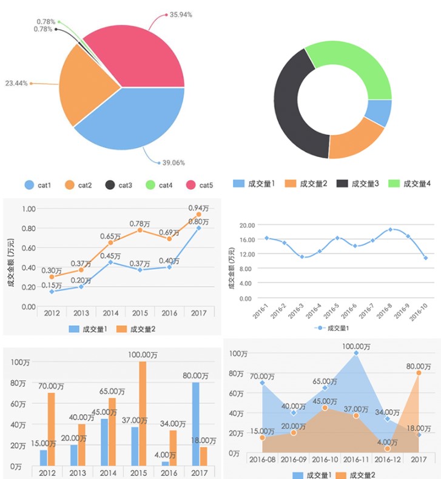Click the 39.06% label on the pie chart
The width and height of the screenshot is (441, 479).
pyautogui.click(x=173, y=162)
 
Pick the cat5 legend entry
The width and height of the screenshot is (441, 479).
pyautogui.click(x=200, y=184)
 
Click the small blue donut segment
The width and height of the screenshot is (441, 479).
pyautogui.click(x=379, y=113)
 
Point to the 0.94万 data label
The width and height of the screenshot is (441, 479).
pyautogui.click(x=198, y=208)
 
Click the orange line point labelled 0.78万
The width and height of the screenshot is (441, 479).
pyautogui.click(x=140, y=230)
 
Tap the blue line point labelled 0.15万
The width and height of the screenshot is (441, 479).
pyautogui.click(x=52, y=292)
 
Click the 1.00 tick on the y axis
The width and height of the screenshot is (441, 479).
pyautogui.click(x=29, y=209)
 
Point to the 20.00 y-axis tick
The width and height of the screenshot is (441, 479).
pyautogui.click(x=246, y=225)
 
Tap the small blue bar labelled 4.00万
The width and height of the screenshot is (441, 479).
pyautogui.click(x=166, y=463)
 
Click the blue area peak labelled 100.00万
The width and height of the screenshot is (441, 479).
pyautogui.click(x=356, y=353)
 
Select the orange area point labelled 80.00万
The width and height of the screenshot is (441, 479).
pyautogui.click(x=419, y=373)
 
